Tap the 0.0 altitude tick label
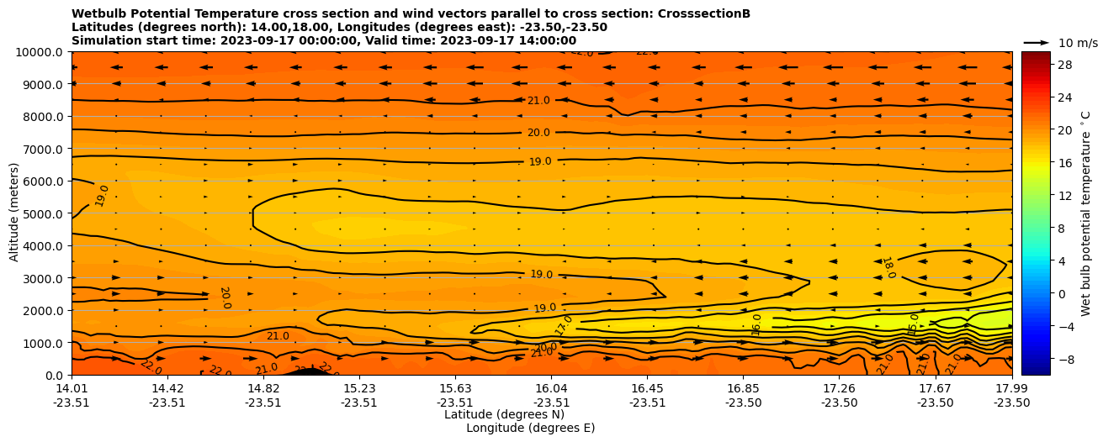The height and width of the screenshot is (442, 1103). click(x=55, y=376)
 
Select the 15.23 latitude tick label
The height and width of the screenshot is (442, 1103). click(x=358, y=388)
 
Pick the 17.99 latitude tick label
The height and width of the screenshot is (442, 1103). click(x=1011, y=388)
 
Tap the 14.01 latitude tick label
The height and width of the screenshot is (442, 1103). click(x=72, y=388)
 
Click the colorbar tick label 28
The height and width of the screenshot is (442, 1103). click(x=1064, y=65)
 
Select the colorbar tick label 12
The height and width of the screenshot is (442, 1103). click(x=1064, y=195)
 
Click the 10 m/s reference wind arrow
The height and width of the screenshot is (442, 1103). click(x=1036, y=42)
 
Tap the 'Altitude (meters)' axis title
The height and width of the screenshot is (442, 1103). click(x=14, y=213)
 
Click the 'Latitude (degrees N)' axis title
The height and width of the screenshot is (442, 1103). click(x=504, y=414)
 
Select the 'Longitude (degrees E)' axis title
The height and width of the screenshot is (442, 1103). click(x=530, y=428)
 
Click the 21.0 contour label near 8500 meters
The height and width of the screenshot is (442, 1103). click(x=538, y=101)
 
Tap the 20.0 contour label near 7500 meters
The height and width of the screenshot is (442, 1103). click(x=538, y=133)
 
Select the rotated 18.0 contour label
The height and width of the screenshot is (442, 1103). click(x=888, y=268)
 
